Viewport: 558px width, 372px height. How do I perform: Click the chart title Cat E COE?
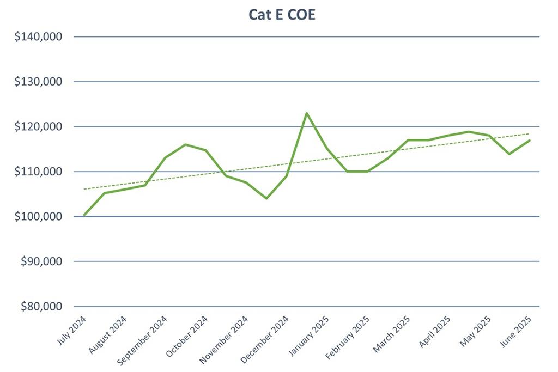282,15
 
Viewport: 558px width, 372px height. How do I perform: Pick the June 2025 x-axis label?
517,330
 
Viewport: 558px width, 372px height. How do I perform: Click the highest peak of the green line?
307,113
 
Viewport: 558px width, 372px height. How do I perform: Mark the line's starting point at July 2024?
84,215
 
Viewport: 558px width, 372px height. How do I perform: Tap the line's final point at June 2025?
529,141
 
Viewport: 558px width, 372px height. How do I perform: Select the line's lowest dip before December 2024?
266,198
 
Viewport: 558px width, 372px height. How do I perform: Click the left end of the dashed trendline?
84,189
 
